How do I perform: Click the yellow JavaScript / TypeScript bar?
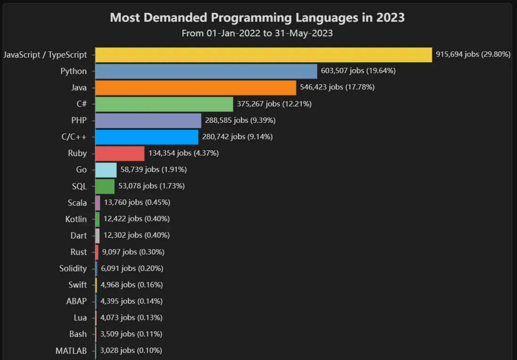point(263,55)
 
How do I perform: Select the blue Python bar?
point(206,71)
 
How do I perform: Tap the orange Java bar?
point(195,88)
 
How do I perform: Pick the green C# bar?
point(164,104)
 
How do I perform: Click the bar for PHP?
point(148,120)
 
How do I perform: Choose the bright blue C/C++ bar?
point(146,137)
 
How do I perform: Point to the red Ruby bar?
point(120,153)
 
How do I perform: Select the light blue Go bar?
point(106,169)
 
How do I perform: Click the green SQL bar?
point(105,186)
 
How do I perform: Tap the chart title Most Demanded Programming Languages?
point(257,18)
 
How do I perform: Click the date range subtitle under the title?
point(257,33)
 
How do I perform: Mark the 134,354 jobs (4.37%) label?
point(183,153)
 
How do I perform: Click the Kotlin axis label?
point(76,219)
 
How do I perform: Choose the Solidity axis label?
point(73,268)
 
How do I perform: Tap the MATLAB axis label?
point(71,351)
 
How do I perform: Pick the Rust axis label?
point(79,252)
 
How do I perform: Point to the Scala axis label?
point(77,202)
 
